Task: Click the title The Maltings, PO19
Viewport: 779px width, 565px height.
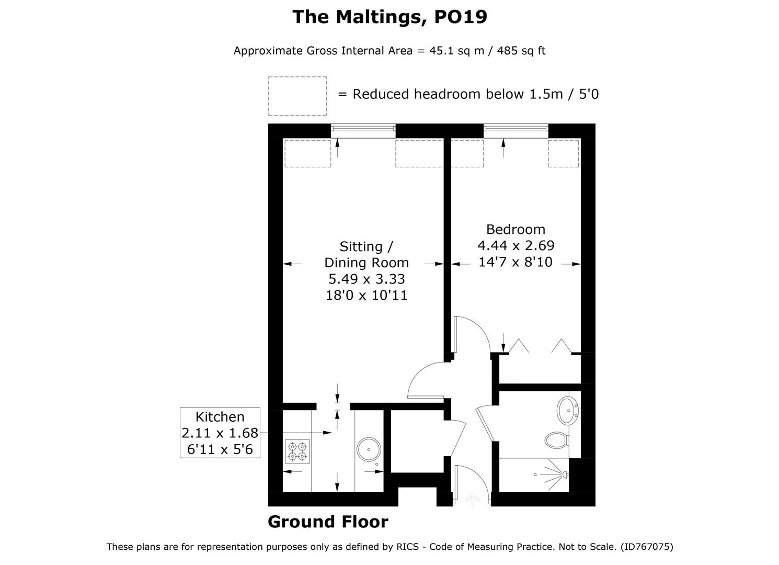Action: (x=389, y=17)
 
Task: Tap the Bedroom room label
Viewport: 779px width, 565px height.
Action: (x=515, y=230)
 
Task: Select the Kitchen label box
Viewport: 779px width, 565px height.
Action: (x=220, y=433)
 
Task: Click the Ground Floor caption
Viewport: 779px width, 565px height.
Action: (x=328, y=522)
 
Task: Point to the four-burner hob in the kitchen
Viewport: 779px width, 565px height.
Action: (x=297, y=451)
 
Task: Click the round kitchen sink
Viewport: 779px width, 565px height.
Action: (x=369, y=449)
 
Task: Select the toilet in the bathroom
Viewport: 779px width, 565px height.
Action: (x=556, y=440)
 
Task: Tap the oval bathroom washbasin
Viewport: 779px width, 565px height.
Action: (x=568, y=410)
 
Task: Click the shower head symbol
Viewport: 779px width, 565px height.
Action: (x=565, y=474)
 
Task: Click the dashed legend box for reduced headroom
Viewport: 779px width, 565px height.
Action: (x=297, y=96)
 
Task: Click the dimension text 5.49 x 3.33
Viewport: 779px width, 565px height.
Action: (x=366, y=279)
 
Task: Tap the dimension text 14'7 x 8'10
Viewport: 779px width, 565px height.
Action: (x=515, y=262)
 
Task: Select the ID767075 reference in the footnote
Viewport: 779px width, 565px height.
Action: (x=647, y=547)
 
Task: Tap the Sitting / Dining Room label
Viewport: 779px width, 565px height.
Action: (x=366, y=255)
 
